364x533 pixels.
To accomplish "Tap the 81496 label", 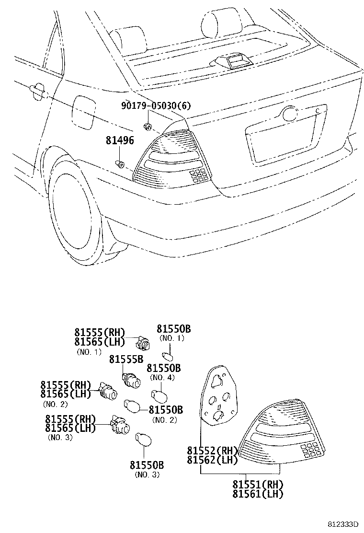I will (x=120, y=140).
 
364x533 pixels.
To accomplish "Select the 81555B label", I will (x=126, y=359).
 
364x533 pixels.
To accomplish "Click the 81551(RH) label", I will (x=258, y=484).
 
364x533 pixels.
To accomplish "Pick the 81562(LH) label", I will (x=212, y=460).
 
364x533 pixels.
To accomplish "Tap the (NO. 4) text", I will (x=163, y=377).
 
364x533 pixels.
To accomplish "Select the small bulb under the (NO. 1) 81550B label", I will (x=168, y=357).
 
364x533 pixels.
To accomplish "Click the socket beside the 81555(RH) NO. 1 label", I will (x=142, y=343).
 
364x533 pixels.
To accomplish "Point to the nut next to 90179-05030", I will (x=148, y=127).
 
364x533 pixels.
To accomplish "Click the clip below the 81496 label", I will (x=121, y=165).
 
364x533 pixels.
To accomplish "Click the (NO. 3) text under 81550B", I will (x=147, y=475).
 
